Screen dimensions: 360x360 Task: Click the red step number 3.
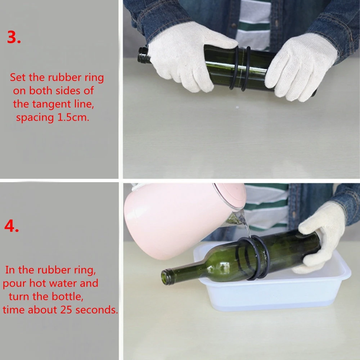pos(14,37)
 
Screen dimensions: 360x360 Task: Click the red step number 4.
pos(12,226)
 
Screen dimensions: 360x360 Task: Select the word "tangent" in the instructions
pos(51,104)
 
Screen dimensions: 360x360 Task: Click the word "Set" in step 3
pos(18,77)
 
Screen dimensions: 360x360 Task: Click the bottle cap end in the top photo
pos(143,55)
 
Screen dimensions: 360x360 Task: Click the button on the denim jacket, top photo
pos(234,25)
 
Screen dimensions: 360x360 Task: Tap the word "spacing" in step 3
pos(35,118)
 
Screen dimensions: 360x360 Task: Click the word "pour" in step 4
pos(14,284)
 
